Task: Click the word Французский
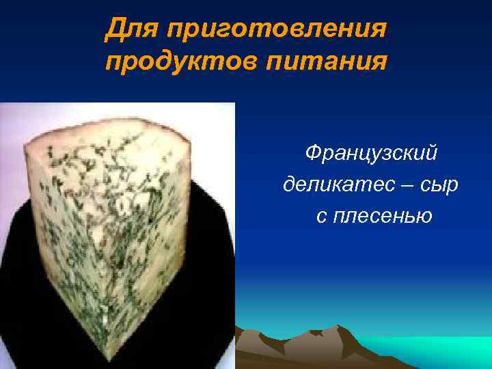tap(371, 154)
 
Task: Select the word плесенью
tap(383, 217)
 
